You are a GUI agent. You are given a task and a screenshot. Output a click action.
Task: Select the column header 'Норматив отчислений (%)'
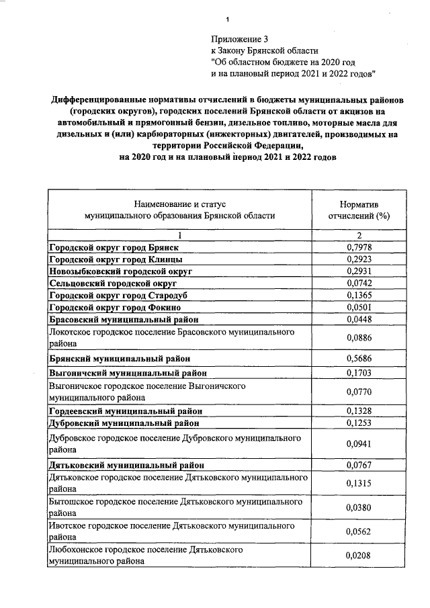tap(359, 210)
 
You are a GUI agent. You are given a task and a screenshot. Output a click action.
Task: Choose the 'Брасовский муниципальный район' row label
tap(124, 320)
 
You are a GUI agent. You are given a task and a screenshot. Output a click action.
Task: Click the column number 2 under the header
tap(359, 235)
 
